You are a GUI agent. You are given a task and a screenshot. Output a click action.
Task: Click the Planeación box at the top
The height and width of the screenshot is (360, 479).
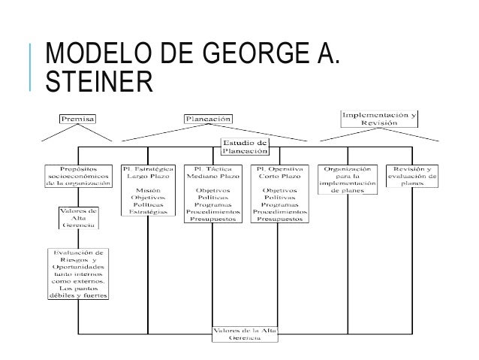click(209, 118)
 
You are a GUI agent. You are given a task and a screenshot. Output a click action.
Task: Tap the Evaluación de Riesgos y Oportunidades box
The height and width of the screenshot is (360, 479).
click(79, 274)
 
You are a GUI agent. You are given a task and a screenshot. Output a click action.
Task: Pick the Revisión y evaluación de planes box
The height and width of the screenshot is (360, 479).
click(412, 175)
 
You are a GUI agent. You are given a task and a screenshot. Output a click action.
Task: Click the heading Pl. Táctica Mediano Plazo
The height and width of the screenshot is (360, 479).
click(212, 171)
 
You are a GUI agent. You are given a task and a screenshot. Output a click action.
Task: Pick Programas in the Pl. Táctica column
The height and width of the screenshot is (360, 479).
click(212, 205)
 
